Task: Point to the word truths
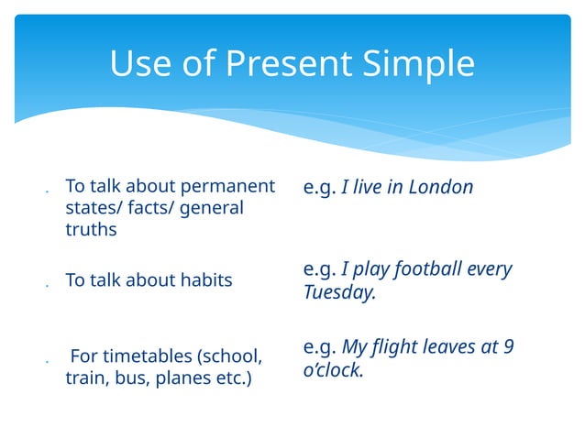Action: click(91, 229)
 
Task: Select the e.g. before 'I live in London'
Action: click(319, 188)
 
